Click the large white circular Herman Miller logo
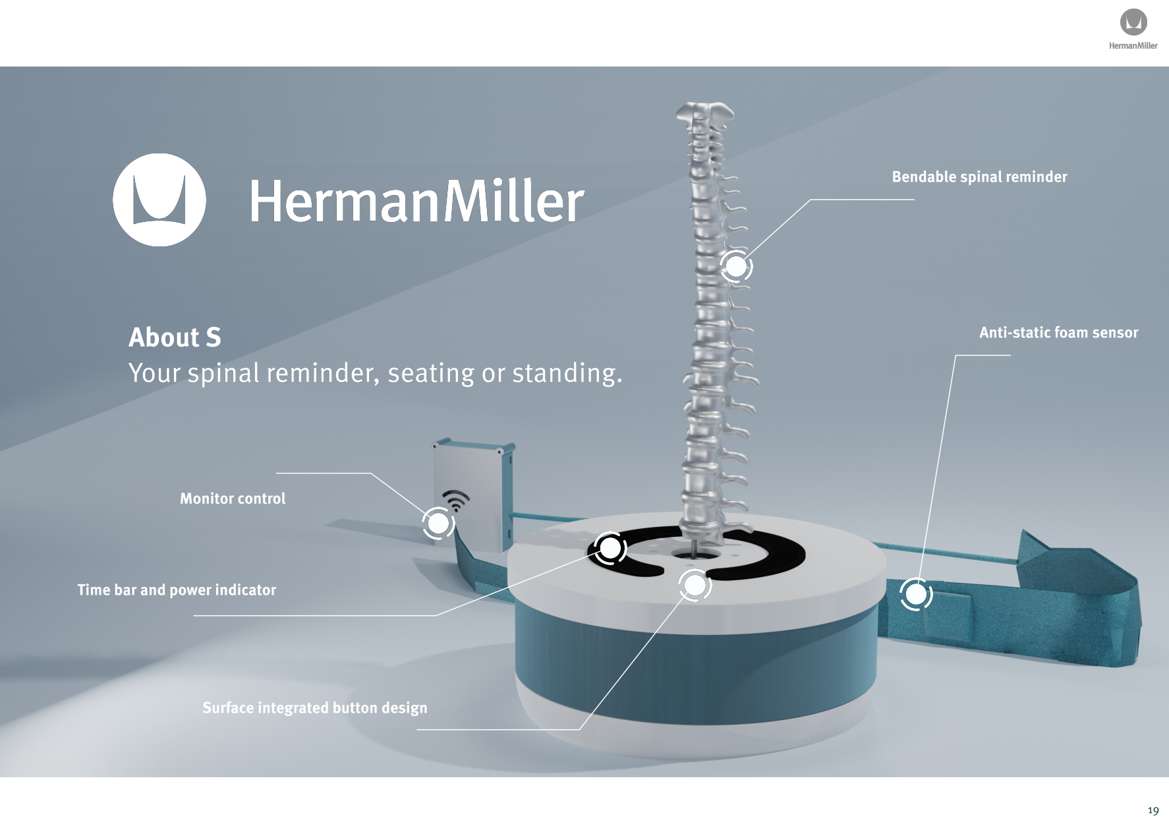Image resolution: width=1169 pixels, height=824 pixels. pos(159,200)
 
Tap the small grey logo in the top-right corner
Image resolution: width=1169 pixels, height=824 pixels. pos(1133,22)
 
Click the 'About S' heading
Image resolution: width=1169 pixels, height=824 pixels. pos(175,337)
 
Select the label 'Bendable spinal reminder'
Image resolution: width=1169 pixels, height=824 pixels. pos(979,177)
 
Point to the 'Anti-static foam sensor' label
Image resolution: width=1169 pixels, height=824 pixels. pos(1058,333)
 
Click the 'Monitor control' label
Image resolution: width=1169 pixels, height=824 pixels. pos(233,499)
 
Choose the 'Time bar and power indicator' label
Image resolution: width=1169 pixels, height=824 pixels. pos(177,590)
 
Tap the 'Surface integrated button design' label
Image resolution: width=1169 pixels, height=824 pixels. pos(314,707)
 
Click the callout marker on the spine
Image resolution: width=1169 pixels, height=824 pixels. pos(736,267)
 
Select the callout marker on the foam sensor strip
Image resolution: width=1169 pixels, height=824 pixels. pos(915,595)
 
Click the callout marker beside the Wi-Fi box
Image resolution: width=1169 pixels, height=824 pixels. pos(438,524)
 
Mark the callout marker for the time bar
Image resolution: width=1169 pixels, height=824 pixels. pos(610,547)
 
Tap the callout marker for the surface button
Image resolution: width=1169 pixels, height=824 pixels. pos(695,585)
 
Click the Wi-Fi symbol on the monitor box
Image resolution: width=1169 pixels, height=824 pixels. pos(455,500)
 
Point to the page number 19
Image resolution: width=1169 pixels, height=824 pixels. pos(1153,810)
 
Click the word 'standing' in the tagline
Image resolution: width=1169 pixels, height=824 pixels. pos(566,373)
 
